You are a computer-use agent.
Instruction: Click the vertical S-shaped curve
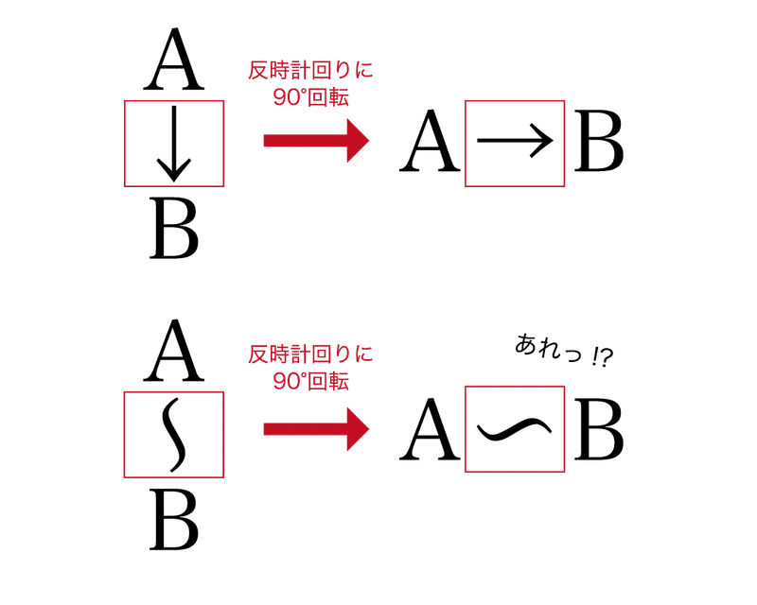coord(171,434)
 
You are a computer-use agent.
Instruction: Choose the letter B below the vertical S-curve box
coord(174,521)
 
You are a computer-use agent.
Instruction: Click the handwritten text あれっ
coord(544,349)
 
